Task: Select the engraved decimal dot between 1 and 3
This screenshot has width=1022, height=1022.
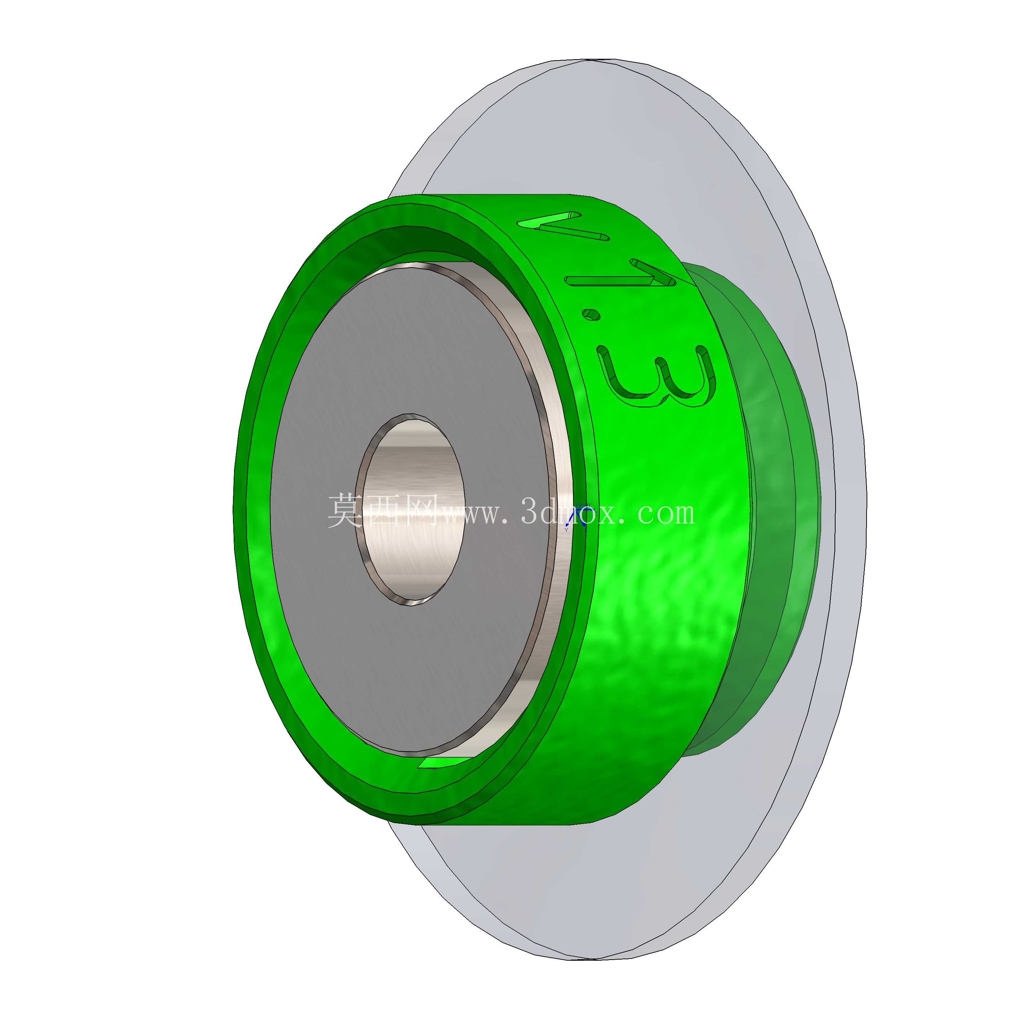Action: click(591, 315)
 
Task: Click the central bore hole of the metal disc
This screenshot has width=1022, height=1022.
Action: click(410, 510)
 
